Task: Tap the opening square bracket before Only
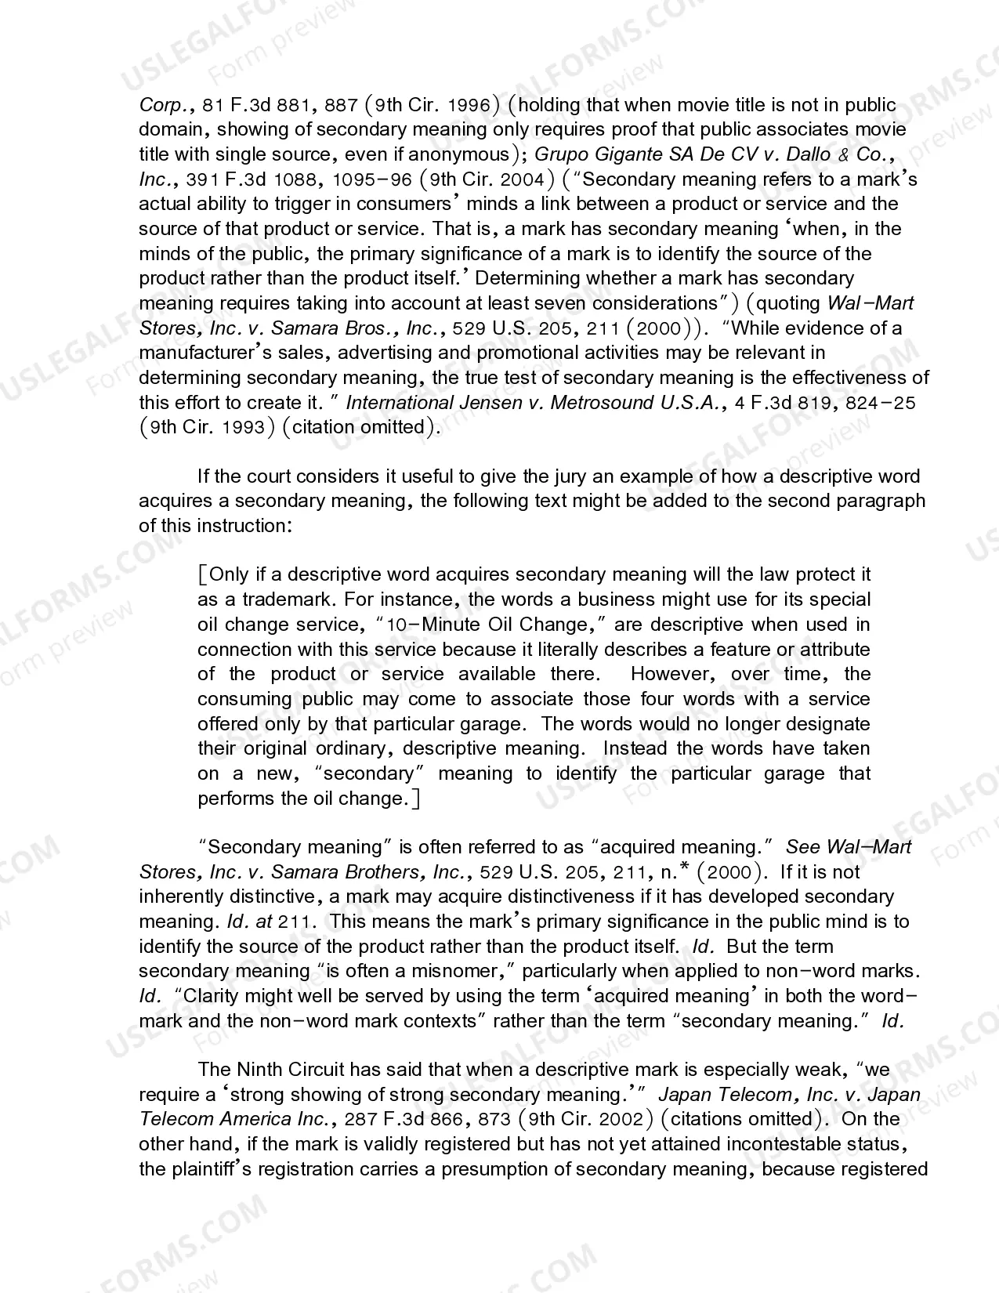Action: [x=202, y=575]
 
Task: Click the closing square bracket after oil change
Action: [x=415, y=799]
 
